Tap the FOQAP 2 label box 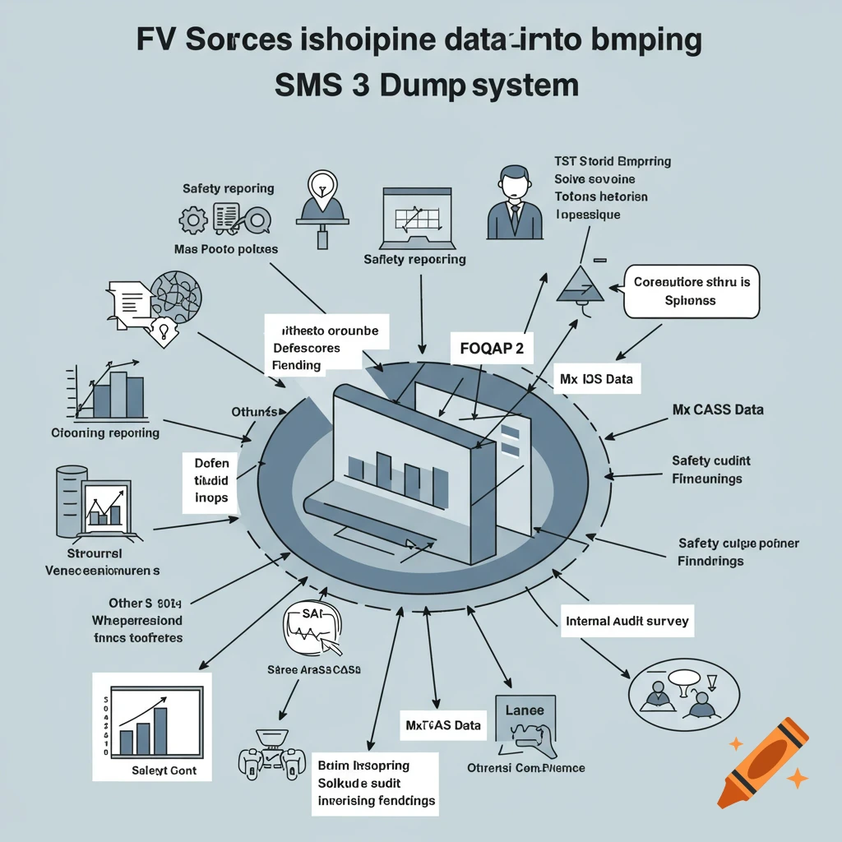(x=491, y=348)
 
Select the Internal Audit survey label (x=627, y=621)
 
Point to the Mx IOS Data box (x=597, y=379)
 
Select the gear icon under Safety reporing (x=193, y=220)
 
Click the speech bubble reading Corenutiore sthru (x=692, y=291)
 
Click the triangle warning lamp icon (x=581, y=285)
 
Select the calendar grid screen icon (x=419, y=217)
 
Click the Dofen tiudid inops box (x=211, y=482)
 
